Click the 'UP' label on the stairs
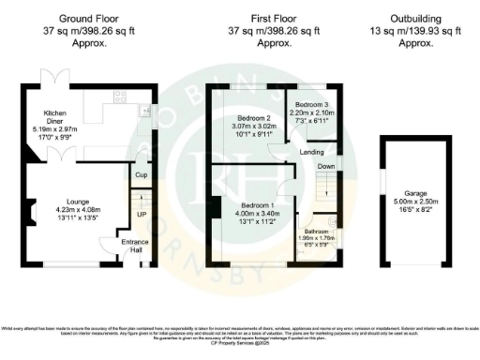pos(142,214)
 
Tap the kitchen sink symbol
pos(145,112)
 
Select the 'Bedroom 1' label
pos(251,205)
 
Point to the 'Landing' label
pos(312,151)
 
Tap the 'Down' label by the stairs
pos(326,167)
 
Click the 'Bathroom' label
pos(316,230)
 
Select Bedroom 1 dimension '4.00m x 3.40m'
pos(251,214)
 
